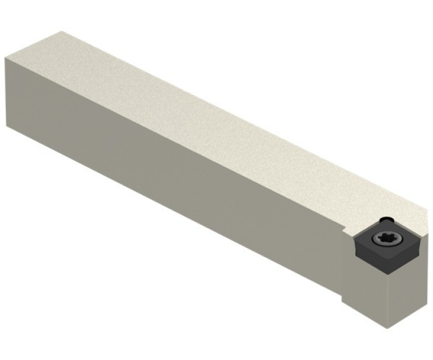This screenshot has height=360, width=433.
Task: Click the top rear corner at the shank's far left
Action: point(5,57)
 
